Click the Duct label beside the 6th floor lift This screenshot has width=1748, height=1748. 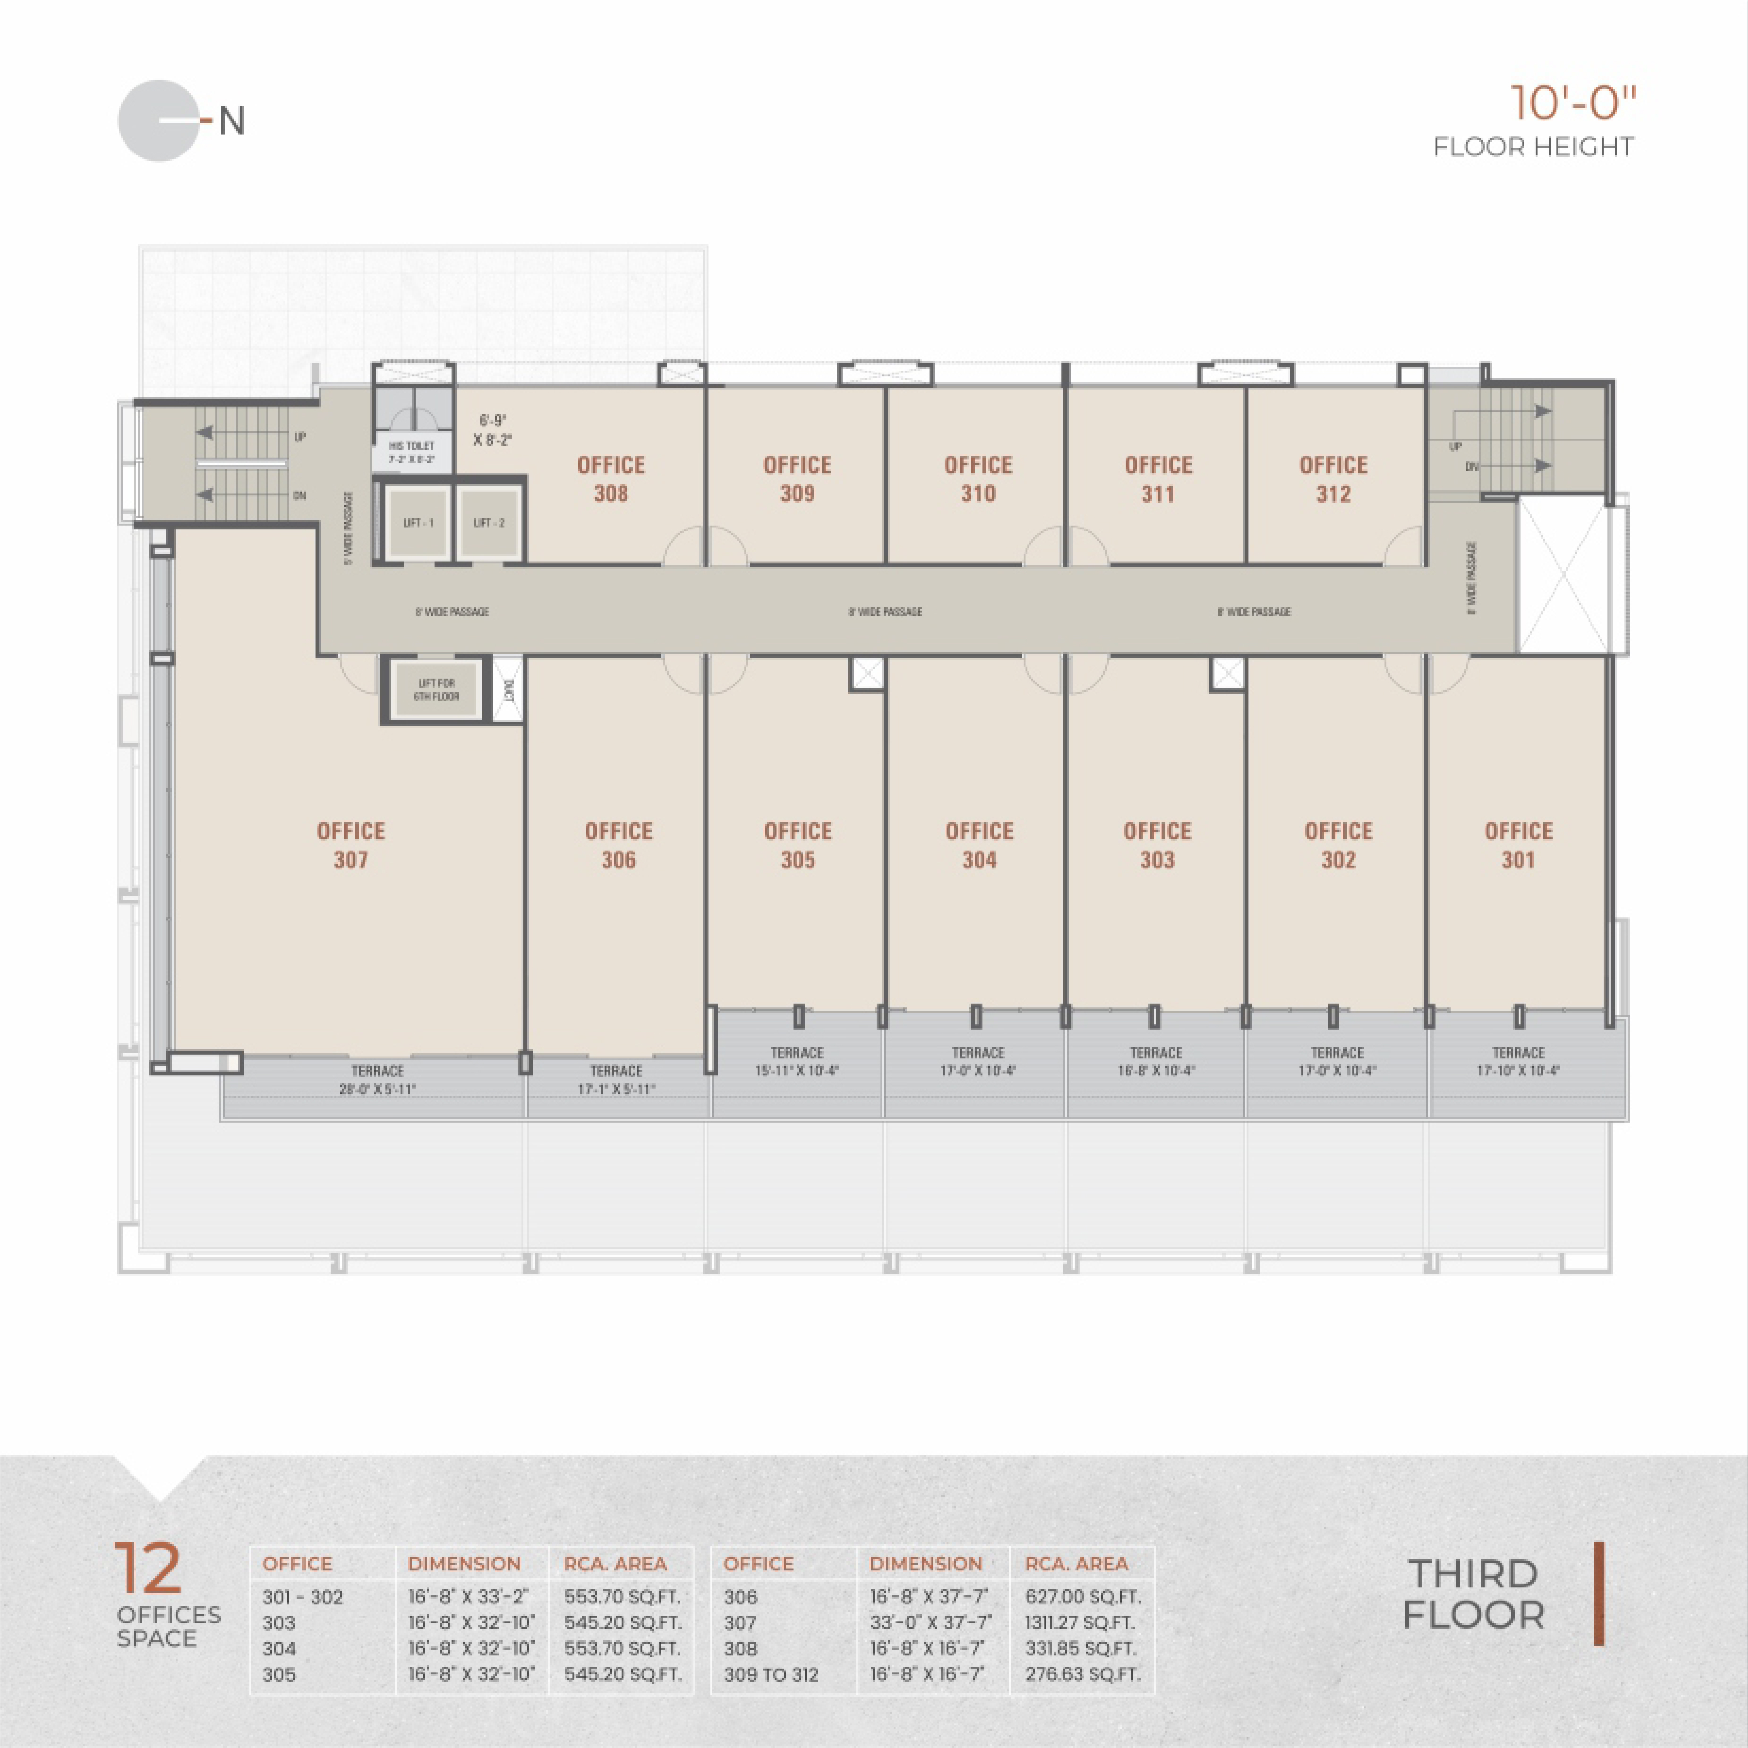pos(509,690)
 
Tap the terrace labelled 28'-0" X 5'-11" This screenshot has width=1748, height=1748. pos(377,1080)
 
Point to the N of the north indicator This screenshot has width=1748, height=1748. pos(232,121)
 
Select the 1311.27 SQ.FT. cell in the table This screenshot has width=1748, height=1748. pos(1082,1622)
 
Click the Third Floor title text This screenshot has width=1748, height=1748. pos(1473,1594)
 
